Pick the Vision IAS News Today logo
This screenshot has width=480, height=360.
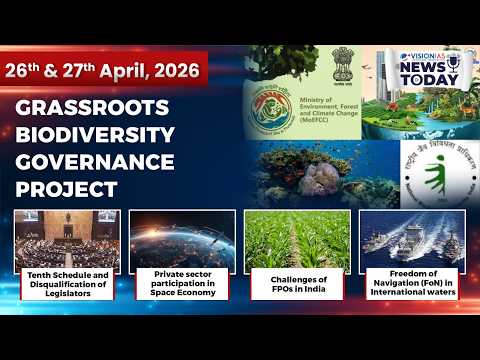(429, 71)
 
